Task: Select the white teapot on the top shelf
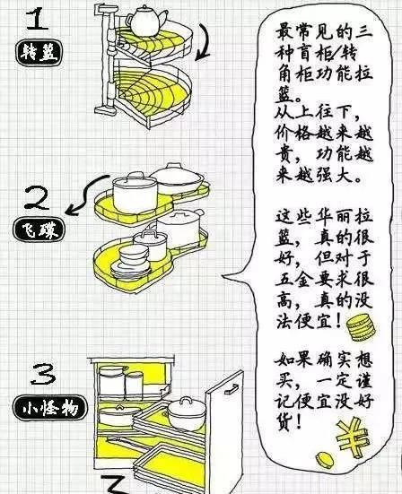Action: tap(144, 19)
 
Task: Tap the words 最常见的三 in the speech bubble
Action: tap(312, 32)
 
